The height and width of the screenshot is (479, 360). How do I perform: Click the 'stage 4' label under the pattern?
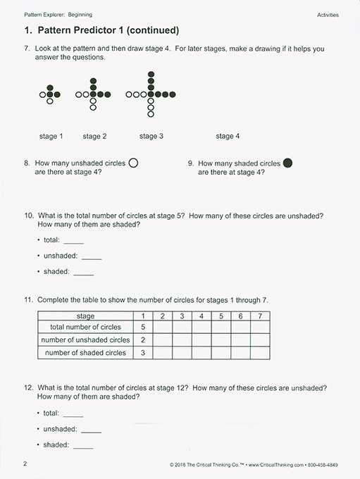pyautogui.click(x=228, y=136)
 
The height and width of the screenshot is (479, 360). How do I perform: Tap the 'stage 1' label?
pyautogui.click(x=51, y=136)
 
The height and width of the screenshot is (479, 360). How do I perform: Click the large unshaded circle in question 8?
pyautogui.click(x=133, y=163)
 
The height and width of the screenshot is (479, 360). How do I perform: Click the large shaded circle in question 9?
pyautogui.click(x=287, y=163)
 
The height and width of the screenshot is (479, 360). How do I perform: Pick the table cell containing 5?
pyautogui.click(x=143, y=327)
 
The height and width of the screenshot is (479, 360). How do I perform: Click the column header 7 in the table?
pyautogui.click(x=260, y=316)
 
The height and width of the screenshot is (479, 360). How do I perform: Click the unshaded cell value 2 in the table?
pyautogui.click(x=143, y=340)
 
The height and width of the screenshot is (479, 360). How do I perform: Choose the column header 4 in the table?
pyautogui.click(x=201, y=316)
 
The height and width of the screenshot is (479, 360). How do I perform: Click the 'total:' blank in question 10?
pyautogui.click(x=73, y=241)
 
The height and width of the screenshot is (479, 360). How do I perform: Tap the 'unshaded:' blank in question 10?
pyautogui.click(x=92, y=256)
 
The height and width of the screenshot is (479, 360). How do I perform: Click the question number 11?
pyautogui.click(x=29, y=300)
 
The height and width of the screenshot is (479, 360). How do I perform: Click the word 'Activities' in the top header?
pyautogui.click(x=328, y=14)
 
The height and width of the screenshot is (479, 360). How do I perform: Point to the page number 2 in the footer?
pyautogui.click(x=25, y=464)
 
